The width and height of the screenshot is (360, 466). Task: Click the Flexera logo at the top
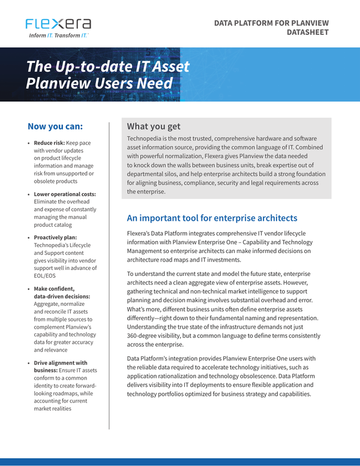[59, 24]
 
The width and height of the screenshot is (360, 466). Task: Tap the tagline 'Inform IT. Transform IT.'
[59, 36]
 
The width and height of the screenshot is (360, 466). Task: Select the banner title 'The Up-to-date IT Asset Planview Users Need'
[108, 74]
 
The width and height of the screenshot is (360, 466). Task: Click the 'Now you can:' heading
[55, 127]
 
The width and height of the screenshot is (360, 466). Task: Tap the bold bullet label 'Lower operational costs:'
[65, 194]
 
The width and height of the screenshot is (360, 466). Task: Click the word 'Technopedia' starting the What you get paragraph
[146, 139]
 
